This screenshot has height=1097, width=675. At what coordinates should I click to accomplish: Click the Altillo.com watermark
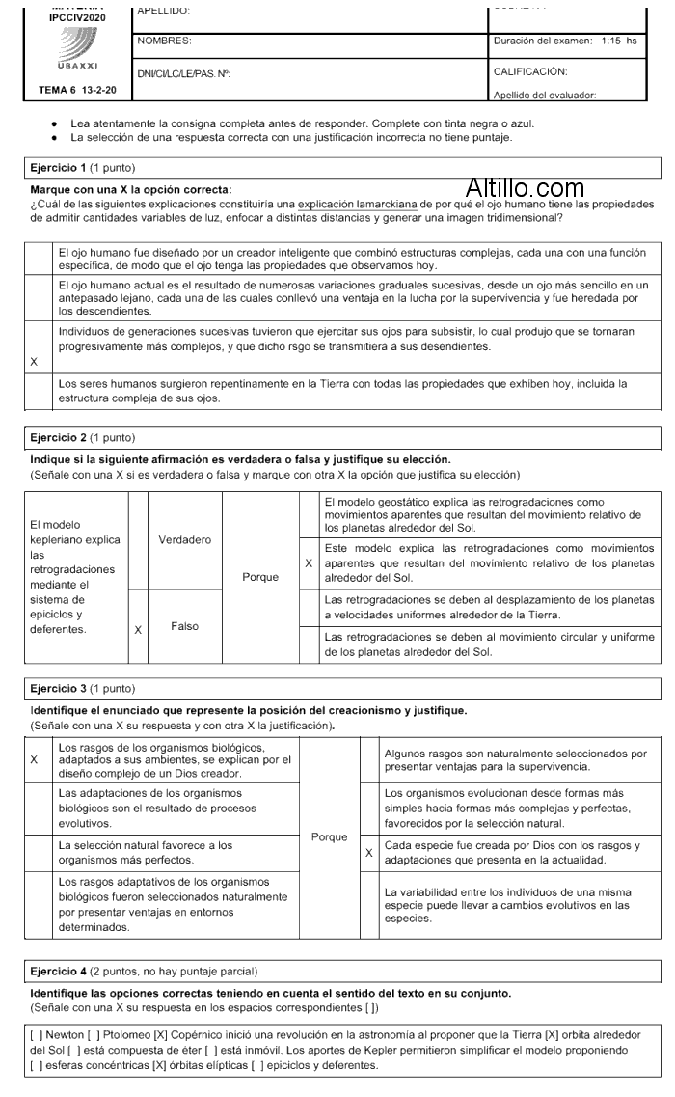click(x=525, y=188)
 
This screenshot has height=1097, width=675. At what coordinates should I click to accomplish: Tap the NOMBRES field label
click(x=165, y=41)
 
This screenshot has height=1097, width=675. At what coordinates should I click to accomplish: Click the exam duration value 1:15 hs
click(x=618, y=41)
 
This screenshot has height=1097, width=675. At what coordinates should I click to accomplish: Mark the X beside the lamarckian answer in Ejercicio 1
click(x=35, y=362)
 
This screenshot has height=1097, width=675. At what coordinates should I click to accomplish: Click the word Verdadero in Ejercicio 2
click(x=184, y=539)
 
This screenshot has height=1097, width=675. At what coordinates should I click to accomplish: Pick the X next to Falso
click(x=138, y=629)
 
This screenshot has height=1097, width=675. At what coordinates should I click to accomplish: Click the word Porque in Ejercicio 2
click(x=260, y=577)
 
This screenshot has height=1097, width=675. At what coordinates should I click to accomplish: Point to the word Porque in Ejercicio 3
click(x=329, y=836)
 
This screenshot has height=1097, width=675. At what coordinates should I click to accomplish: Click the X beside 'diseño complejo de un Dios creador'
click(x=35, y=760)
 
